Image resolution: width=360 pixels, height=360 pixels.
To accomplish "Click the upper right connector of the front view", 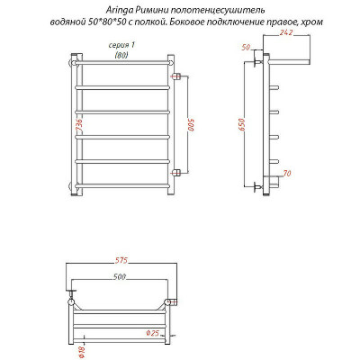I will [x=175, y=75].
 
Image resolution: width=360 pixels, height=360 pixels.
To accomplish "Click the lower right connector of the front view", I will [x=175, y=171].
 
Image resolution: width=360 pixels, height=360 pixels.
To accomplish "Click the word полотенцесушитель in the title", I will [x=210, y=8].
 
